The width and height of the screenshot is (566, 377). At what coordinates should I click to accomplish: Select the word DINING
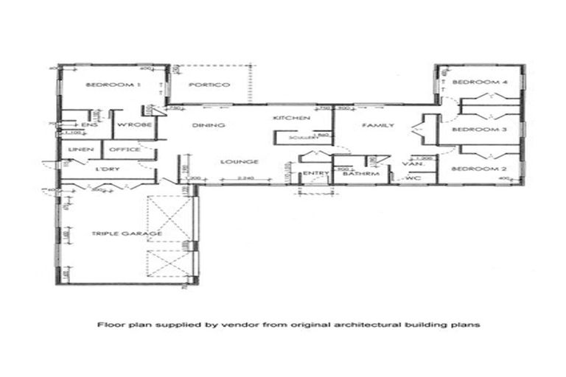(x=203, y=125)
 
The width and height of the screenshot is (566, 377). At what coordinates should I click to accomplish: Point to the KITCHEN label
(x=291, y=119)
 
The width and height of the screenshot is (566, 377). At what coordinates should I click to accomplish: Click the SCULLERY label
(x=290, y=136)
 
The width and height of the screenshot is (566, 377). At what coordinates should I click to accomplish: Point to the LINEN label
(x=78, y=149)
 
